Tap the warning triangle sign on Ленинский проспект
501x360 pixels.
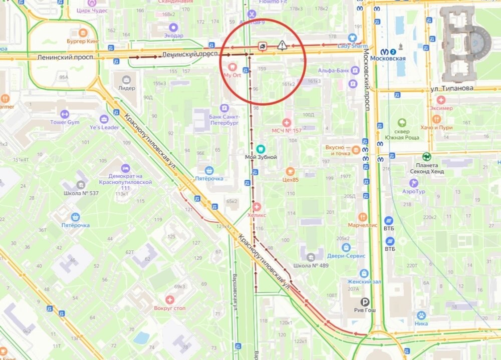point(282,46)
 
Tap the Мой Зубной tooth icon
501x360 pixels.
point(260,149)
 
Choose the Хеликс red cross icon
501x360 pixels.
point(257,206)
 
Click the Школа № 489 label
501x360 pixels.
point(311,265)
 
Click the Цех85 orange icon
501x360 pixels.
point(290,171)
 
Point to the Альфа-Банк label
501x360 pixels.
point(333,70)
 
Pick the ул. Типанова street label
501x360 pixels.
point(451,89)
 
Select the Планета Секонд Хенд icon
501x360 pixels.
point(426,156)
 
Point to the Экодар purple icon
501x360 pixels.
point(173,27)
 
